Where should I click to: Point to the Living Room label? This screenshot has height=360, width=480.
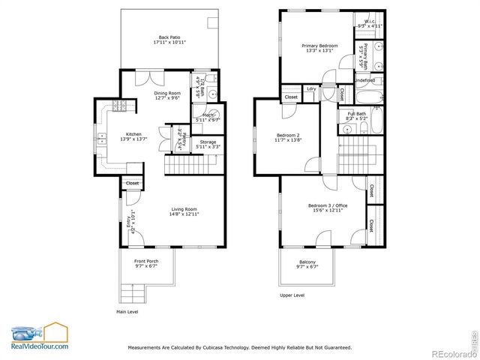pyautogui.click(x=184, y=211)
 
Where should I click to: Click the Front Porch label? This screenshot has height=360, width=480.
pyautogui.click(x=146, y=262)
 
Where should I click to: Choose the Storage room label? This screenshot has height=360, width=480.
pyautogui.click(x=208, y=144)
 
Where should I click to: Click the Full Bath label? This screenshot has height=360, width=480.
pyautogui.click(x=355, y=115)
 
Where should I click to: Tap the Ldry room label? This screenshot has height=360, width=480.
pyautogui.click(x=311, y=89)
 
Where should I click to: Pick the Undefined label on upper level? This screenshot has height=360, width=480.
pyautogui.click(x=365, y=79)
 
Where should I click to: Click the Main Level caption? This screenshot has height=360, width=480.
pyautogui.click(x=127, y=311)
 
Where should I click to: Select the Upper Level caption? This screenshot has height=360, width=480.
pyautogui.click(x=292, y=295)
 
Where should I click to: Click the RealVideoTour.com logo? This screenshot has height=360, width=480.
pyautogui.click(x=39, y=337)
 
